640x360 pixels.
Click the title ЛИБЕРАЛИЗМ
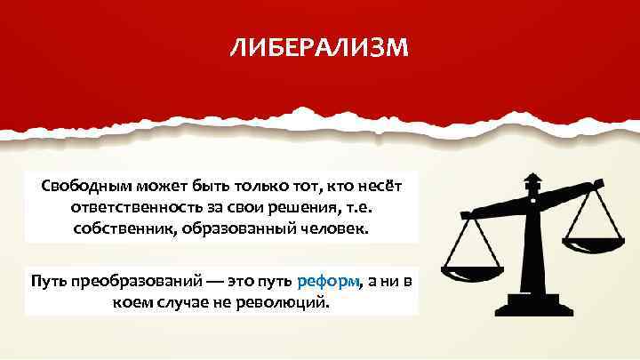[x=319, y=46]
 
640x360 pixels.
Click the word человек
[x=325, y=229]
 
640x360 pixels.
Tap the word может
[x=155, y=186]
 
